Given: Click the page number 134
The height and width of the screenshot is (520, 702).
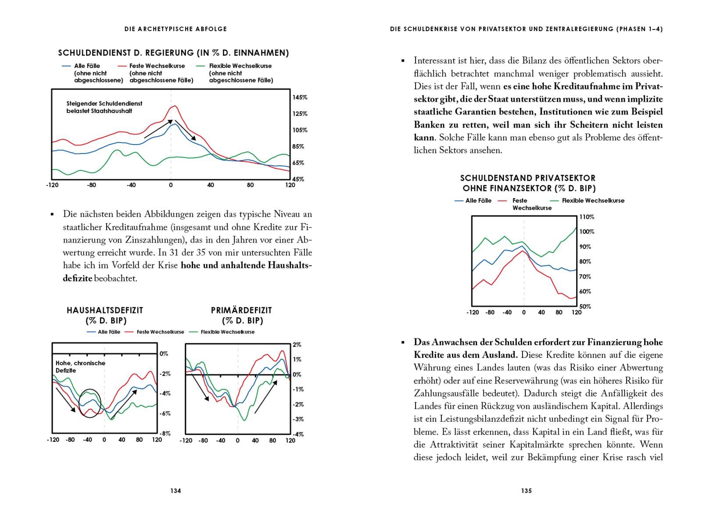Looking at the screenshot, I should point(175,491).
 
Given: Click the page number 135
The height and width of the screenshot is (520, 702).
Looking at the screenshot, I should point(526,491).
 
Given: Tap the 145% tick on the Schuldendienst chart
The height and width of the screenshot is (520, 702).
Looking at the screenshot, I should point(300,97).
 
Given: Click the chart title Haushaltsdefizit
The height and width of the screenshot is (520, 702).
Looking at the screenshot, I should point(105,310).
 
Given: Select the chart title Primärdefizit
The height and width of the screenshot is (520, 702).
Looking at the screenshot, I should point(241,310).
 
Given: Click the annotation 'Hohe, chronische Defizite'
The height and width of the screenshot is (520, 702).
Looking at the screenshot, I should point(80,367).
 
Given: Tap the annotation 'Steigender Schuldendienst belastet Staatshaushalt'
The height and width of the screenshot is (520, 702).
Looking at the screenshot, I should point(104,107).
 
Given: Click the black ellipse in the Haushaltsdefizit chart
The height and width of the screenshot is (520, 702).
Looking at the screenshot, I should point(90,403).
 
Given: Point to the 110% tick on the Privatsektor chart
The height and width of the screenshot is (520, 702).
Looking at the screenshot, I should point(587,217).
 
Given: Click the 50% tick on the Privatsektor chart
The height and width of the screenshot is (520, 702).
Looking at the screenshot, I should point(585,306).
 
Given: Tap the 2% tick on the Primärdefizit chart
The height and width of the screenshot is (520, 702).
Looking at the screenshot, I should point(297,345).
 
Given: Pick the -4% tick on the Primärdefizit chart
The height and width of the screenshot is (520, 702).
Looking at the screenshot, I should point(298,434).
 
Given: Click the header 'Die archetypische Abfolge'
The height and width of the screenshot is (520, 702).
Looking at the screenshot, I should point(175,29).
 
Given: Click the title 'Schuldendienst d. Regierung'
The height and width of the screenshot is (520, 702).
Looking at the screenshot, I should point(173,53).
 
